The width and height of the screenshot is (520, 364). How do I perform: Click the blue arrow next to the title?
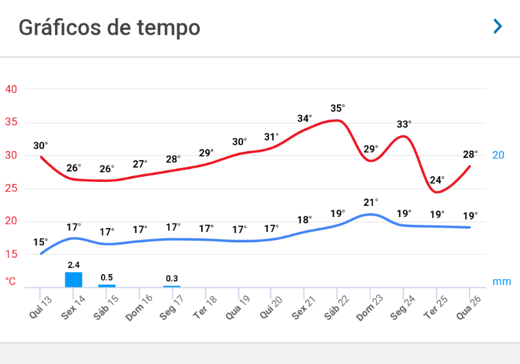click(497, 27)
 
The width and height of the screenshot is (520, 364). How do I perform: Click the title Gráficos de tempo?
click(109, 28)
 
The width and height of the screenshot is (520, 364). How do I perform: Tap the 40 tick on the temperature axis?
click(11, 89)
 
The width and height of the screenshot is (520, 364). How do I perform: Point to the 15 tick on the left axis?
click(11, 255)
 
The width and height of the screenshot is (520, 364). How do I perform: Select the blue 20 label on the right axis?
click(498, 155)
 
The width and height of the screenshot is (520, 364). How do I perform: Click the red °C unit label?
click(11, 281)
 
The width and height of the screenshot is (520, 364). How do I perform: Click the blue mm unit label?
click(501, 281)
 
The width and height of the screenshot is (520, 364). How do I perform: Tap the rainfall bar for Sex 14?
click(74, 279)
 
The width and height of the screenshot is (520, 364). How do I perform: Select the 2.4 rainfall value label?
click(74, 265)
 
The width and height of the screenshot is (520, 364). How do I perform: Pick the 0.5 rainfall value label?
click(107, 277)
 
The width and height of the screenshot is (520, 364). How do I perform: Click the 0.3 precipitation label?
click(171, 279)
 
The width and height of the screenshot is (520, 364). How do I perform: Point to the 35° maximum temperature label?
click(338, 108)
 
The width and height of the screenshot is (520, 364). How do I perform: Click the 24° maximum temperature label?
click(437, 180)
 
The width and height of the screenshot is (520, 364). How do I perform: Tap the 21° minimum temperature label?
click(371, 202)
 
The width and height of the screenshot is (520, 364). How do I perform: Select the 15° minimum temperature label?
click(41, 242)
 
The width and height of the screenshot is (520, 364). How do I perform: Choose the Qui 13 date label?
click(40, 305)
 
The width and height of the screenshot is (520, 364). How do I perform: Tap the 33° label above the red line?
click(404, 124)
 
